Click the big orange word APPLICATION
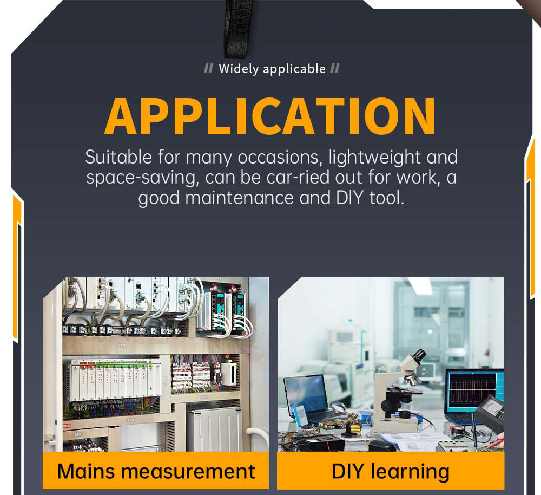[270, 116]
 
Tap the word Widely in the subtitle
[239, 69]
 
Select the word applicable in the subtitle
[294, 69]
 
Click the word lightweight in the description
[374, 158]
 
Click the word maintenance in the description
[240, 198]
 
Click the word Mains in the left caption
[86, 471]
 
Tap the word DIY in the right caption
[348, 471]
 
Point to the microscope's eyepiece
[419, 355]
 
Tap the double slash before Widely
[209, 68]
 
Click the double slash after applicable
[335, 68]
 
